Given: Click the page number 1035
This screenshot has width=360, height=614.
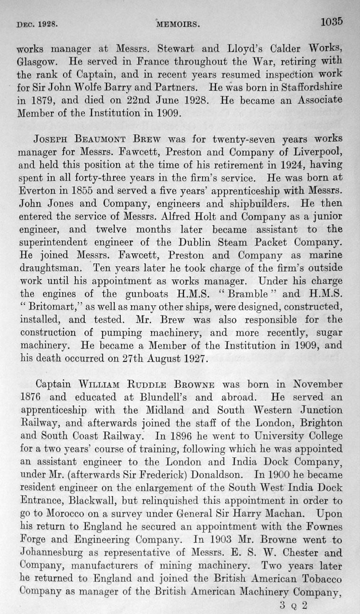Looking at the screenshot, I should click(x=331, y=22).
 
